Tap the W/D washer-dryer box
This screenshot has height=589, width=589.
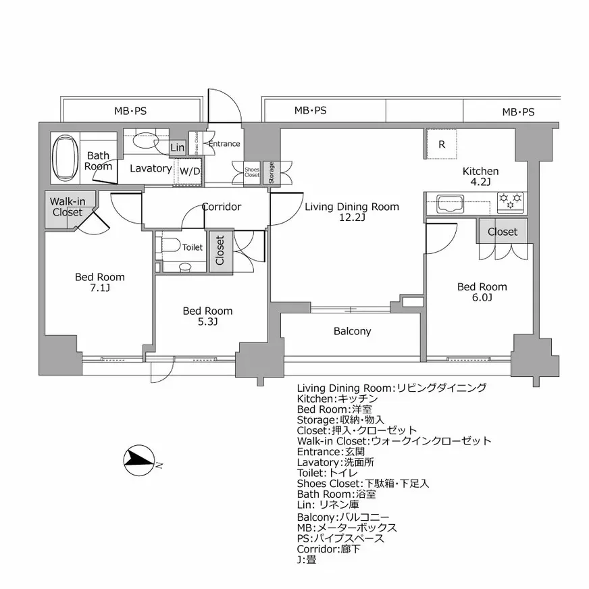point(189,171)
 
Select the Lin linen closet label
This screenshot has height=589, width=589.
point(178,148)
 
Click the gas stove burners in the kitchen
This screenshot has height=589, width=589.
point(511,201)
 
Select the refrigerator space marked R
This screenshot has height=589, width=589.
point(442,144)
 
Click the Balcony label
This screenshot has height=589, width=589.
point(352,332)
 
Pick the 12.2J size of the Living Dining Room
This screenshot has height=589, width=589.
point(351,217)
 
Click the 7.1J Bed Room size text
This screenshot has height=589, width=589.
point(100,288)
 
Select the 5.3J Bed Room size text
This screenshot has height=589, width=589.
point(207,322)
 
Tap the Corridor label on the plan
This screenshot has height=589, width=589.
point(222,207)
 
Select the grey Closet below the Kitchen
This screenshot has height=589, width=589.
point(502,232)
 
